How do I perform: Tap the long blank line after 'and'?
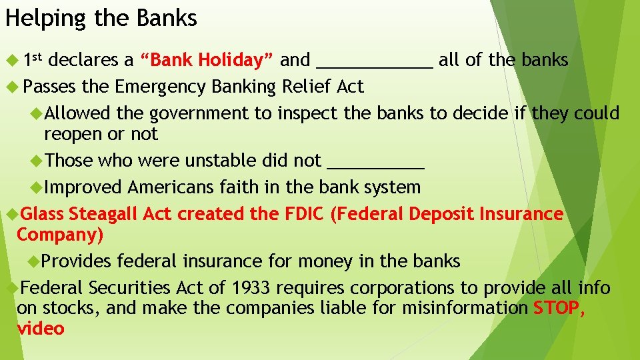[x=375, y=61]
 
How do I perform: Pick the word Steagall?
[x=101, y=214]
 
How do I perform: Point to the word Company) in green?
[x=60, y=235]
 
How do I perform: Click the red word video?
[x=40, y=328]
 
